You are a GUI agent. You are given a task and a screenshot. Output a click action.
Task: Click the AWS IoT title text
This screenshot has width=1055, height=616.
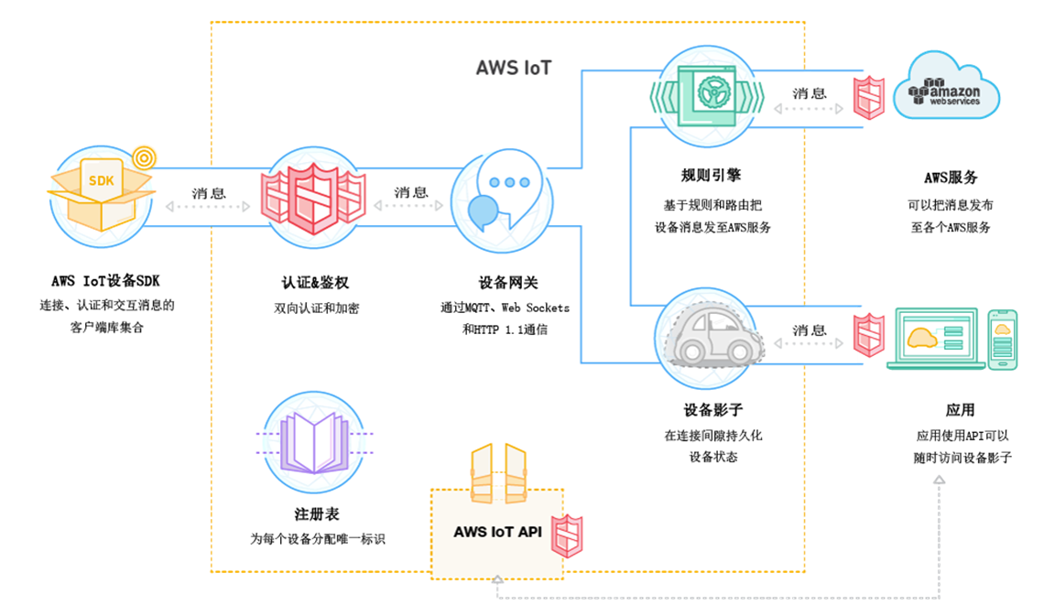click(513, 68)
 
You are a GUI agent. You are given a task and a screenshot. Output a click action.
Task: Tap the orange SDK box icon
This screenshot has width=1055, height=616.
click(100, 192)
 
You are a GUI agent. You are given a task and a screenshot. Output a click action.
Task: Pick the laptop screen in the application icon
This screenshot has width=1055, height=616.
click(936, 335)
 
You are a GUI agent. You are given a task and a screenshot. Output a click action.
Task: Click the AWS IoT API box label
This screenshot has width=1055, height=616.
click(497, 531)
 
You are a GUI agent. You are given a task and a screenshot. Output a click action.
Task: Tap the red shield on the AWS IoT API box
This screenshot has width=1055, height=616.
click(566, 535)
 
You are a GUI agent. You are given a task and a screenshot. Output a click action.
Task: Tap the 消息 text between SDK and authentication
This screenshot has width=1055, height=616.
click(209, 193)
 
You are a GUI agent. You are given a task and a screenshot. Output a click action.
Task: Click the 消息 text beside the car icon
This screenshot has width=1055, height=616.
click(810, 330)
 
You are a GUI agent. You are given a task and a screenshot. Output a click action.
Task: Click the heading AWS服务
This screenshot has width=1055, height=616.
click(951, 178)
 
